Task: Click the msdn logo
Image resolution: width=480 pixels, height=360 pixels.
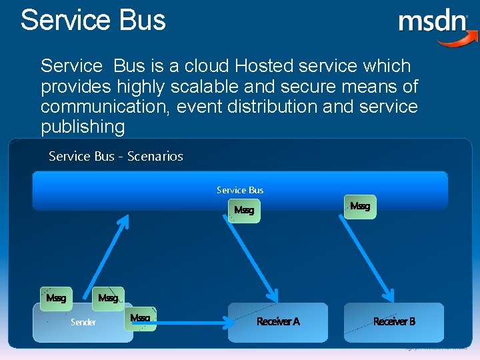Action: (x=433, y=23)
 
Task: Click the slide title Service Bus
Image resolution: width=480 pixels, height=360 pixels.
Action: (x=93, y=20)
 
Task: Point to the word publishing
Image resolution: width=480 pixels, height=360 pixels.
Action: (x=83, y=127)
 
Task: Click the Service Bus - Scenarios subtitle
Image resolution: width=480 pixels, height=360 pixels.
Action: (x=116, y=157)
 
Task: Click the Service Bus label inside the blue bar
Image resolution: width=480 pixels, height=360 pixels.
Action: (x=240, y=190)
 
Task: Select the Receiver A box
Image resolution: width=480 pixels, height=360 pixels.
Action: (x=278, y=322)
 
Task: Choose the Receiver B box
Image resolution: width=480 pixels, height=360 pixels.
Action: (x=393, y=322)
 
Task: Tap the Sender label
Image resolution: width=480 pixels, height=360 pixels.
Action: (x=83, y=323)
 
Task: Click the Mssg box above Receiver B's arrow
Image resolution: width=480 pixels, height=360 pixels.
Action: (x=360, y=206)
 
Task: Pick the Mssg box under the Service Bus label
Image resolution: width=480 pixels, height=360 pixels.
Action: (x=244, y=211)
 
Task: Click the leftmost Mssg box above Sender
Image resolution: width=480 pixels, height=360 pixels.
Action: (x=56, y=298)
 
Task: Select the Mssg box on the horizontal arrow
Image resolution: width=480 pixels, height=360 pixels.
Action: (x=141, y=318)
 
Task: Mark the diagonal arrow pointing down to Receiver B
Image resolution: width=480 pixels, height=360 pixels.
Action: (x=366, y=257)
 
